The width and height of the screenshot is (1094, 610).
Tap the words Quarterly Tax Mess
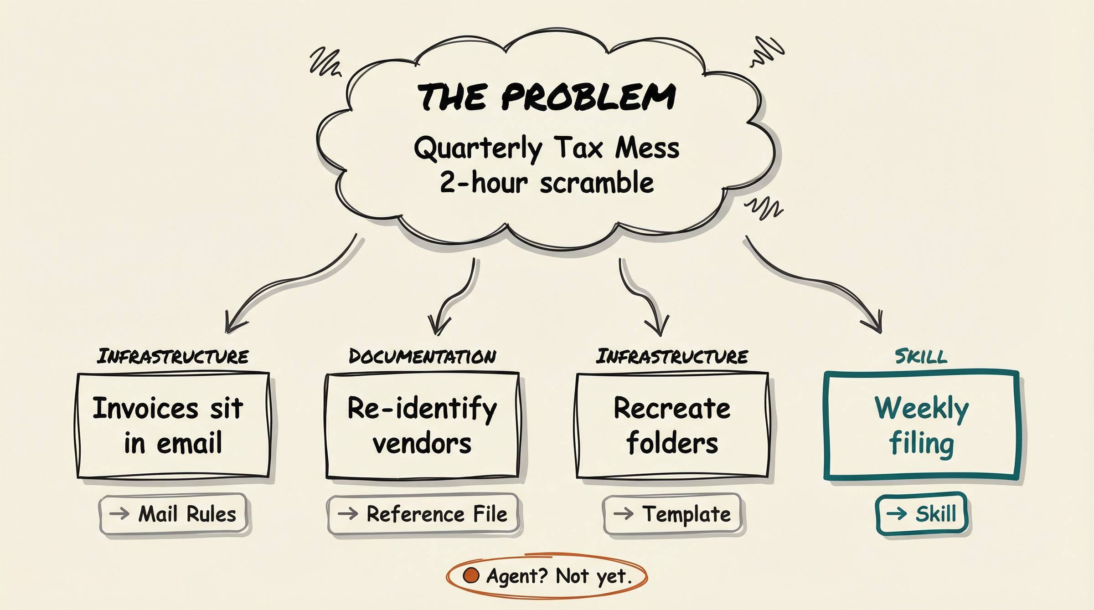[x=546, y=149]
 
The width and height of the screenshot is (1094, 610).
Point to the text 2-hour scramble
[x=546, y=183]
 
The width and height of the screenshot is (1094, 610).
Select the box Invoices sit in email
[x=173, y=425]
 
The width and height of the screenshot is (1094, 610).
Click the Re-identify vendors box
[x=422, y=425]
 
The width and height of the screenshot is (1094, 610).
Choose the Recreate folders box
[x=672, y=425]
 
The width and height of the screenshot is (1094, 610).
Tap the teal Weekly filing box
[x=921, y=425]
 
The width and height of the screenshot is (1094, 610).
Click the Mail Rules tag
[x=173, y=514]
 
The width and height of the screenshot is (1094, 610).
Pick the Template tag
[x=672, y=514]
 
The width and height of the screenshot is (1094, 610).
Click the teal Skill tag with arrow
[x=921, y=513]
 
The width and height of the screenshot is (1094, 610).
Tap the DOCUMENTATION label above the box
[x=422, y=356]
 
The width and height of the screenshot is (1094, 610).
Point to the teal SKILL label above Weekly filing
[x=921, y=356]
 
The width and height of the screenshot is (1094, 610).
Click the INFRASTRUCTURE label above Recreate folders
[x=672, y=356]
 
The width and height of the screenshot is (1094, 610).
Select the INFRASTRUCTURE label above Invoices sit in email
[x=173, y=356]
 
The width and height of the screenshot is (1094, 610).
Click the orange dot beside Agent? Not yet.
[x=471, y=575]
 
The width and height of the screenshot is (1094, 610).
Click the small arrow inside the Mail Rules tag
[x=119, y=514]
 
